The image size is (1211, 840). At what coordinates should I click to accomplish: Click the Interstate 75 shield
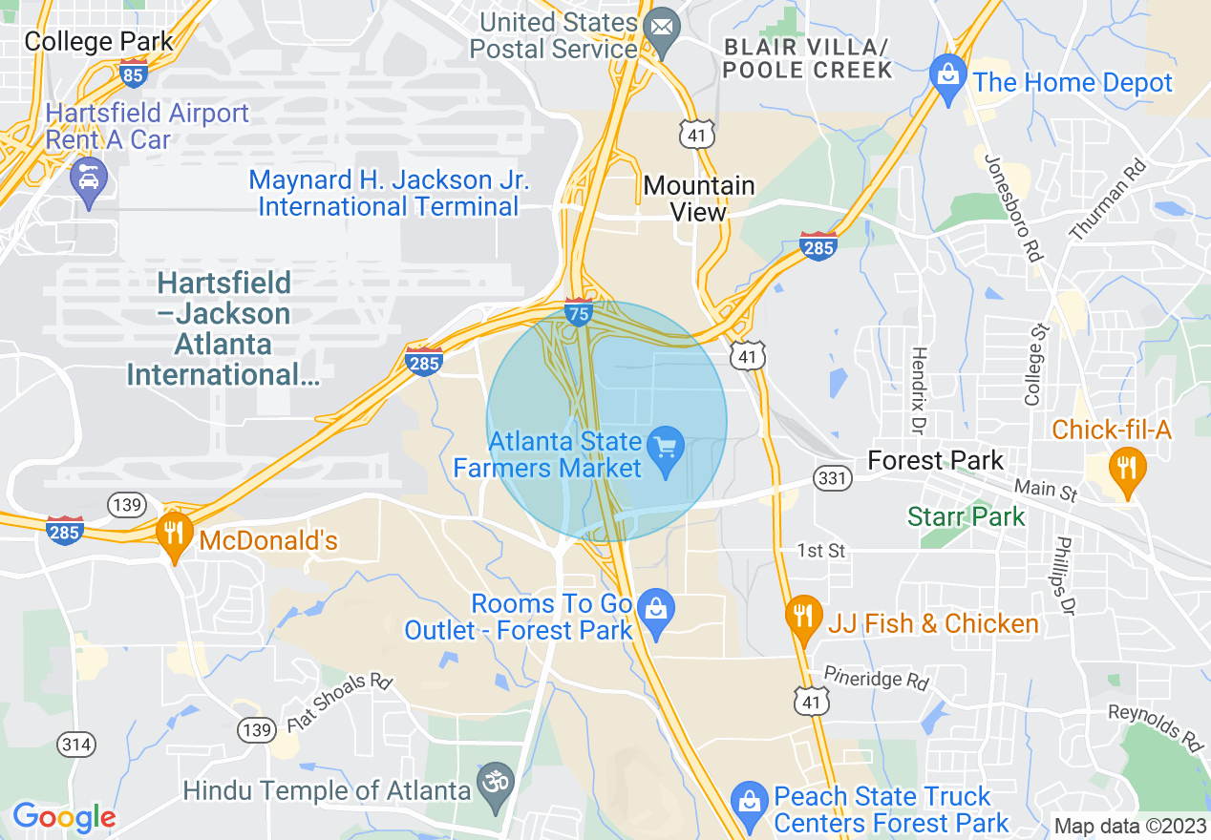coord(578,312)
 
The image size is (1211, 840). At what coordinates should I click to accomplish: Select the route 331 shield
coord(833,476)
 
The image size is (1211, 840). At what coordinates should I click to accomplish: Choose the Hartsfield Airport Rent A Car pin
coord(89,180)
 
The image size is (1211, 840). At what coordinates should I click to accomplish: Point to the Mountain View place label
coord(699,199)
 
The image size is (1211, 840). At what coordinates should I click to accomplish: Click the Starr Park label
coord(966,517)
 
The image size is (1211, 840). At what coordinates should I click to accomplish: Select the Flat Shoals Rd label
coord(340,704)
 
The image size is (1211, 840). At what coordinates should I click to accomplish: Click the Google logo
coord(64,817)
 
